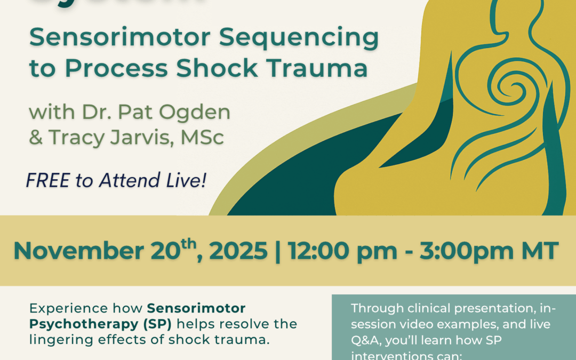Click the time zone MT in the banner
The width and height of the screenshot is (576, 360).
point(540,251)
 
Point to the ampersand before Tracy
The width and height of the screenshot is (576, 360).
point(35,138)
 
